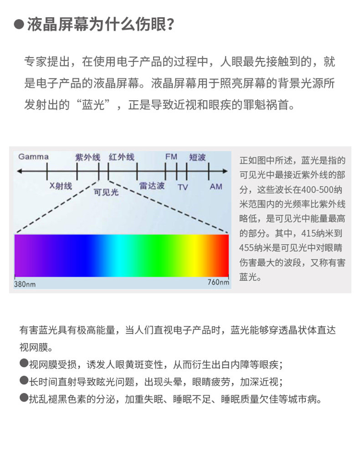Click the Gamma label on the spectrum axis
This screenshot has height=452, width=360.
33,157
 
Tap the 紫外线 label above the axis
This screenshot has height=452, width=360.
87,157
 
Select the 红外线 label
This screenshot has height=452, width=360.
122,157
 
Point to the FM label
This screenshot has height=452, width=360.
171,157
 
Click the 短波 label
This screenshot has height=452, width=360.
197,157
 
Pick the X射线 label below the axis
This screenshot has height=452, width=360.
61,186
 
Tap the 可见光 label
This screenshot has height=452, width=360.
106,192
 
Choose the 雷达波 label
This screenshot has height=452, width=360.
152,186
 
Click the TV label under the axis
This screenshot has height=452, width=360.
183,187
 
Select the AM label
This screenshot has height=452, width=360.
216,187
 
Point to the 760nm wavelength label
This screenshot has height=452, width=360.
218,282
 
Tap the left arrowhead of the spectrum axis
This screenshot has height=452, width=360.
20,171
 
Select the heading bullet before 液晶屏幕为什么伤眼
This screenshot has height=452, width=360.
19,24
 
